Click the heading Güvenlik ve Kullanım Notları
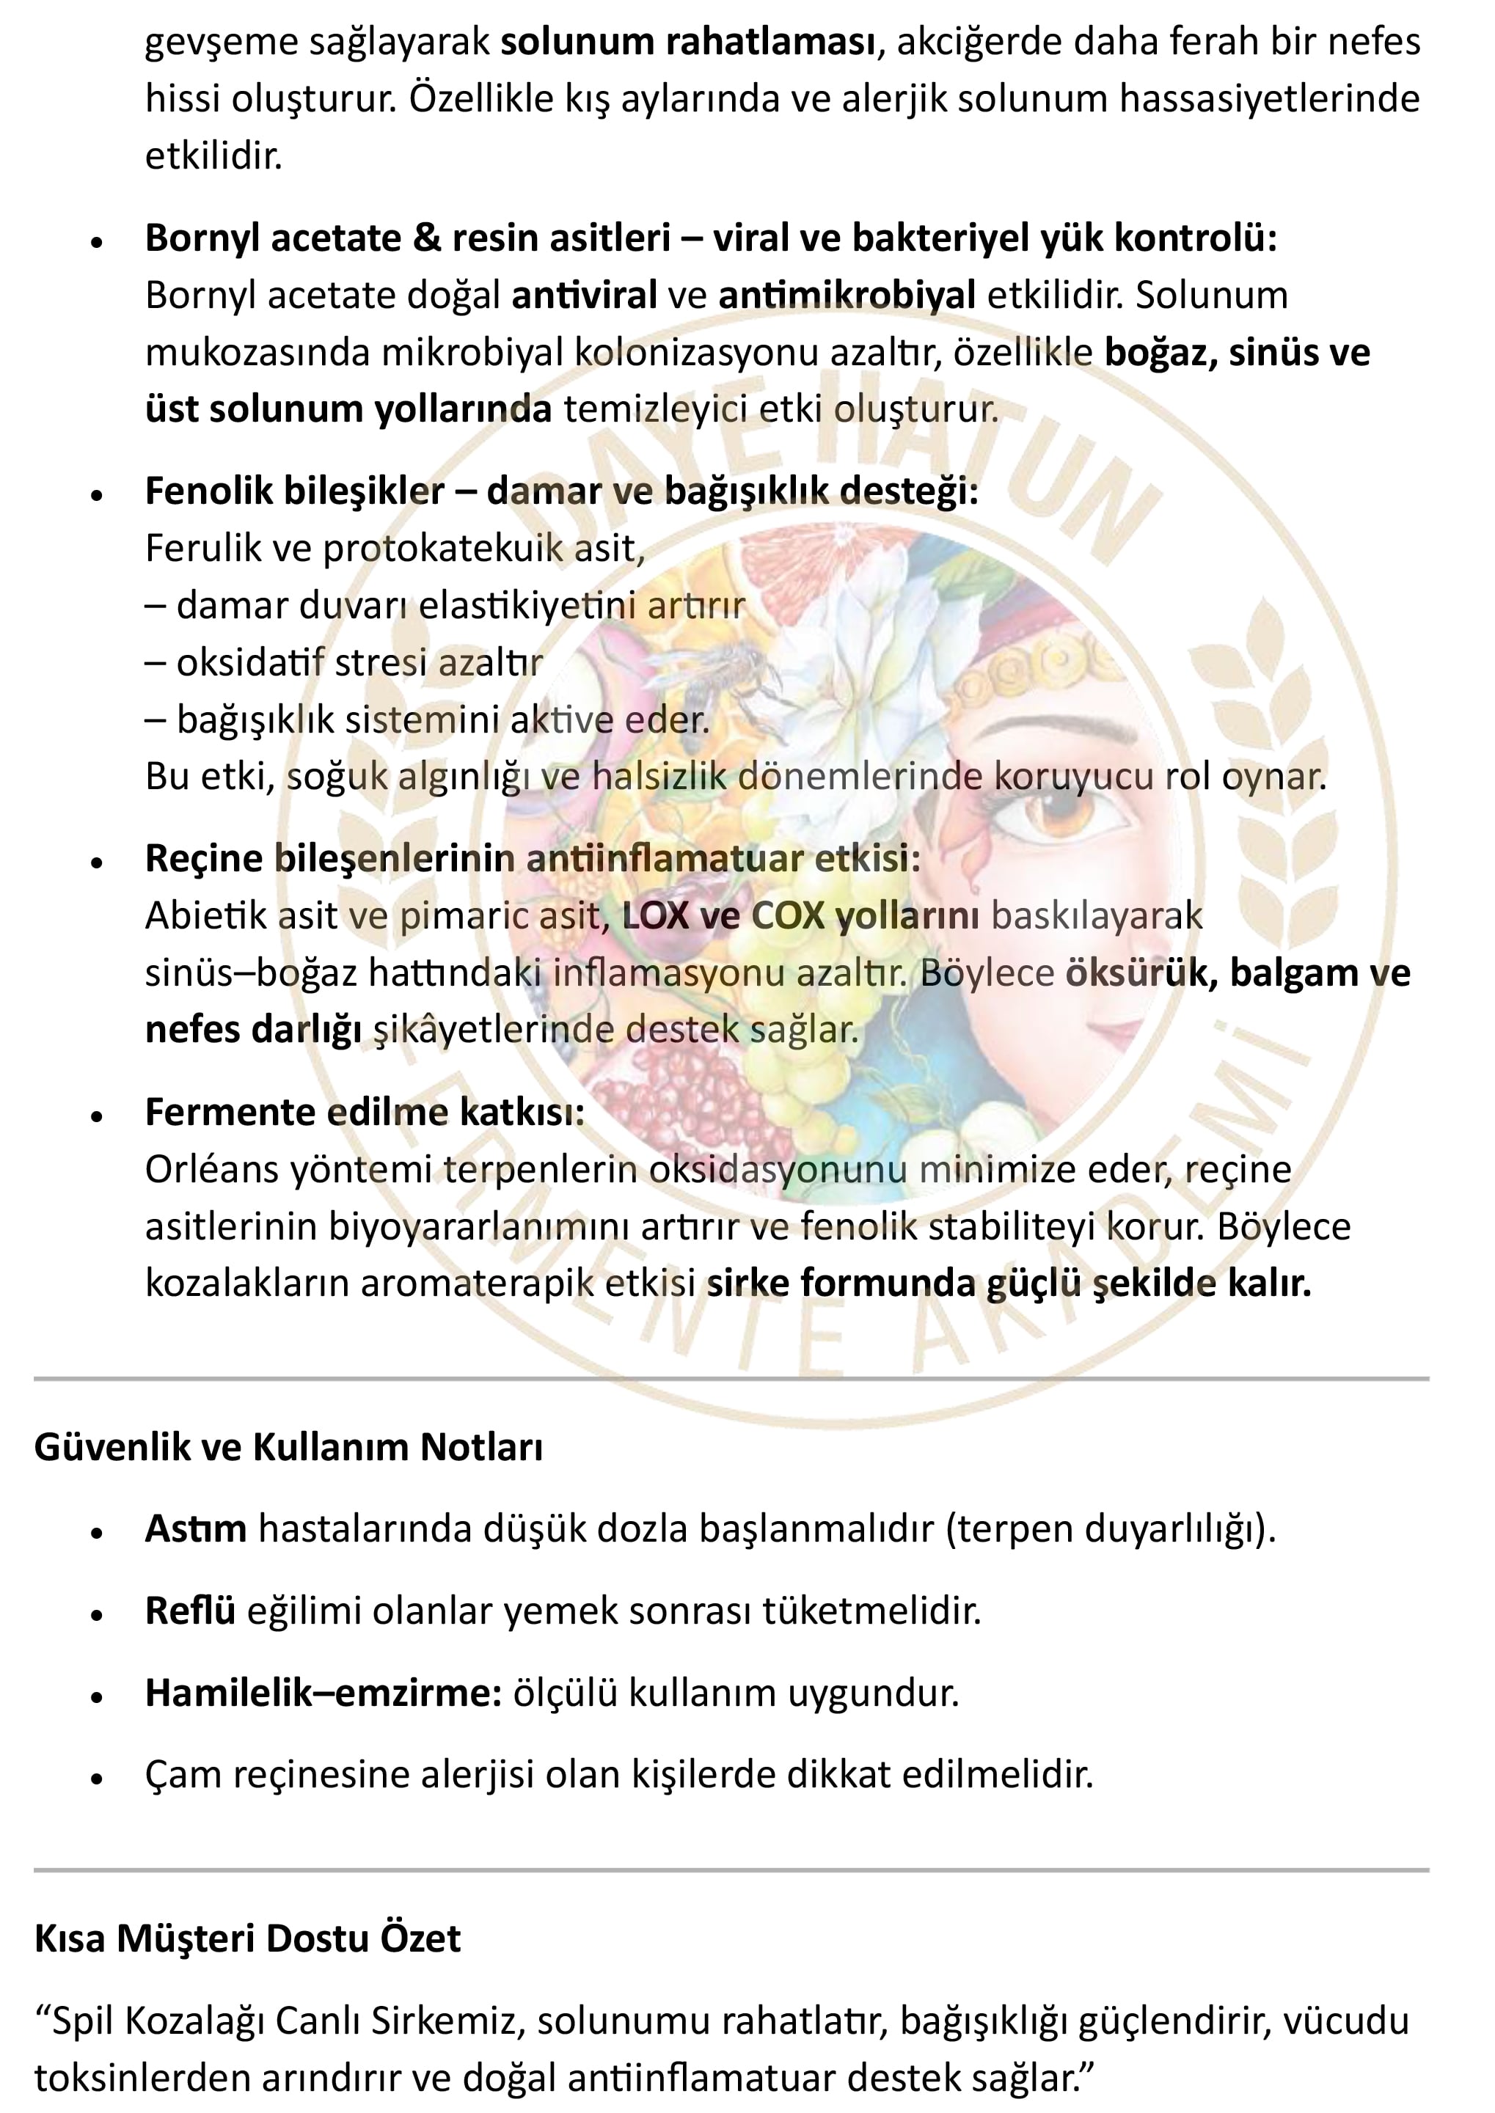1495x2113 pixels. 288,1447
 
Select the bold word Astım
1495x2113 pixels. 195,1528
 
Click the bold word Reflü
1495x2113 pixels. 190,1611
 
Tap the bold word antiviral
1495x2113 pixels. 584,296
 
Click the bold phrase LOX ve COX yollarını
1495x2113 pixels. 800,916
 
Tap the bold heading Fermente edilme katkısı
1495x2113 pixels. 365,1112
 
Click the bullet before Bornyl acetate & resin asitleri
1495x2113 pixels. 97,242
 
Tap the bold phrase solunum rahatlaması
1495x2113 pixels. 687,41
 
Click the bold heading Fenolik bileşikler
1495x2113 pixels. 295,491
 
